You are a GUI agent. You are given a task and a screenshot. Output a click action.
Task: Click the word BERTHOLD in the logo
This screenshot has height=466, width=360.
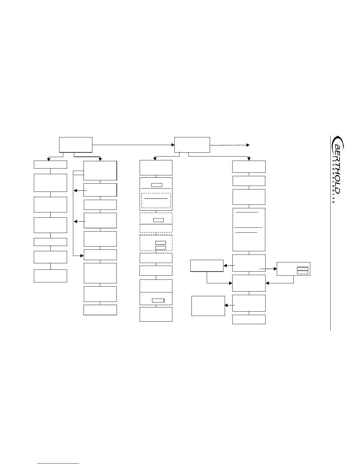tap(337, 169)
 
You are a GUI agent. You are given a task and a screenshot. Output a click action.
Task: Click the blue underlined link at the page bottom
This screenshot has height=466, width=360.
tap(59, 464)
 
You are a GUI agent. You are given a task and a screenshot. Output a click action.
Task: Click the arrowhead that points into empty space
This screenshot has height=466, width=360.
tap(248, 145)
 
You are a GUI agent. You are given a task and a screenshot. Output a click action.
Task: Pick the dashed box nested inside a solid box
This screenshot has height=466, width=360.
tap(156, 201)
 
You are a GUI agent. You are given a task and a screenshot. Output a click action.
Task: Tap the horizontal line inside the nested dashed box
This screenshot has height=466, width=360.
tap(156, 199)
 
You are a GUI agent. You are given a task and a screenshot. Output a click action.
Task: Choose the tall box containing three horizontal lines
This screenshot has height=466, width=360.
tap(249, 229)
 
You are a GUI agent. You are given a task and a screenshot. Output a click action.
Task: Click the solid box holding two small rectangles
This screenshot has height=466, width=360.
tap(293, 269)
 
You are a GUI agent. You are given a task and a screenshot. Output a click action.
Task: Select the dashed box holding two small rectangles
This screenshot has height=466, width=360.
tap(156, 243)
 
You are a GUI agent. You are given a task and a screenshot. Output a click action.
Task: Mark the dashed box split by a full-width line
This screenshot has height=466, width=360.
tap(156, 223)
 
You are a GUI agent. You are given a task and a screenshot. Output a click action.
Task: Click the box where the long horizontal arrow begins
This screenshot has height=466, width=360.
tap(76, 144)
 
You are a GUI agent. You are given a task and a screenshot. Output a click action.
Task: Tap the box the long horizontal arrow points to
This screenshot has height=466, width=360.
tap(192, 144)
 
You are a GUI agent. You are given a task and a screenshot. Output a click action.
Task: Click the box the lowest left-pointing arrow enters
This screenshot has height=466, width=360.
tap(208, 306)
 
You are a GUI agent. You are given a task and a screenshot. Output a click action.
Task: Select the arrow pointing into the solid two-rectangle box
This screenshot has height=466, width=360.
tap(268, 269)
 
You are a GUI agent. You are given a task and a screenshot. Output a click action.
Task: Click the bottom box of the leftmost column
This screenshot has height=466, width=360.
tap(50, 276)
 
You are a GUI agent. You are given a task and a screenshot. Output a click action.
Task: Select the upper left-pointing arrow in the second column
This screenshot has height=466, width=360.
tap(80, 191)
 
